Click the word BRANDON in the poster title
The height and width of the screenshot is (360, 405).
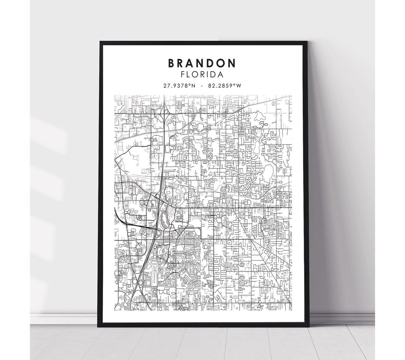[x=202, y=63]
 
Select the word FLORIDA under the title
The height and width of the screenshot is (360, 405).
[x=202, y=74]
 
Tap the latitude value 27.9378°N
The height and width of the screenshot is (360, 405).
[x=179, y=86]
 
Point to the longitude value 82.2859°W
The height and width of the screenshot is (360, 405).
[x=225, y=86]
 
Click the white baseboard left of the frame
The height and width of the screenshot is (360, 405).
[x=64, y=319]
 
